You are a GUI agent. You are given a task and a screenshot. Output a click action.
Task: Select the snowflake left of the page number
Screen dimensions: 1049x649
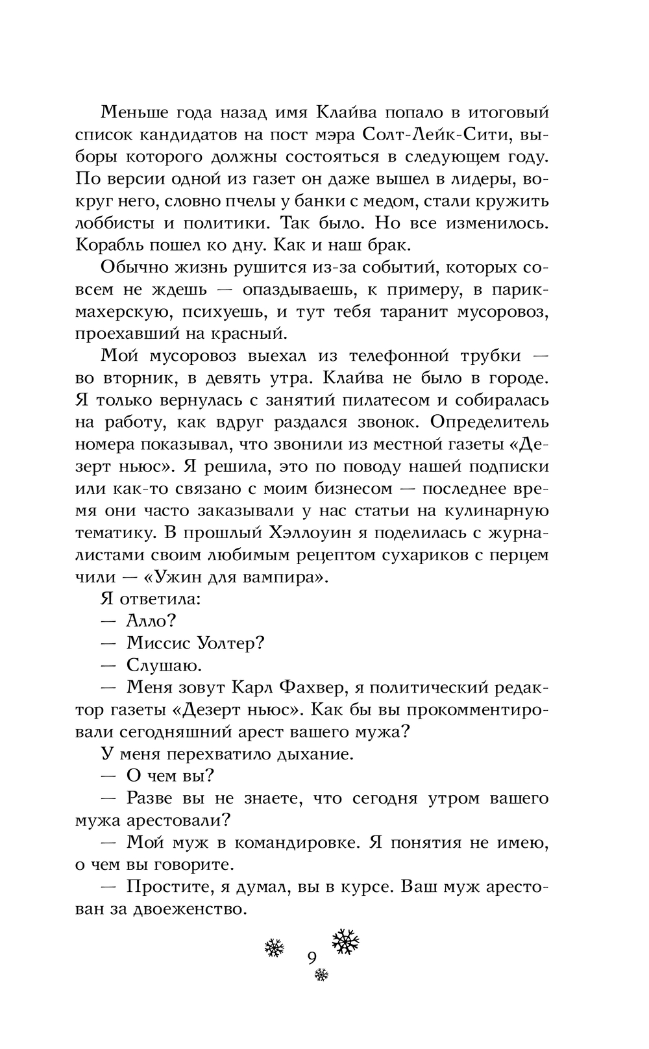[x=275, y=948]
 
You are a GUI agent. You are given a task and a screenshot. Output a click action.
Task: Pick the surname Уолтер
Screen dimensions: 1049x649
[x=232, y=643]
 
